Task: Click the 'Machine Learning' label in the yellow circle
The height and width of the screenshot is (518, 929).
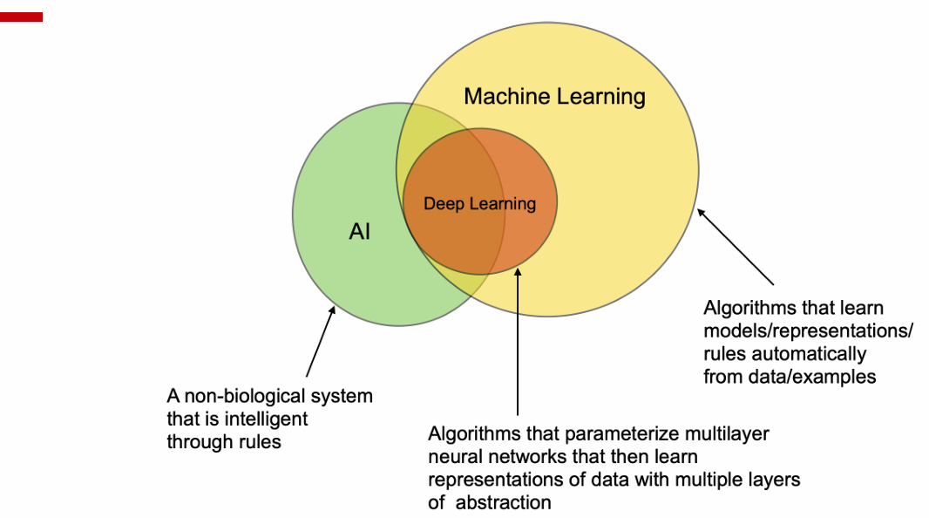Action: click(x=554, y=97)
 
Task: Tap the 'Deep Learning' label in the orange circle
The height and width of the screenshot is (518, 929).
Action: click(x=480, y=204)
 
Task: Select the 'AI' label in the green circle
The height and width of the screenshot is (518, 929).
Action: click(x=360, y=231)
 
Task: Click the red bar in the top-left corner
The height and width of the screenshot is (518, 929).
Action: click(x=21, y=17)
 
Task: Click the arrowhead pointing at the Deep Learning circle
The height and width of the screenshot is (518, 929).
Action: click(x=518, y=272)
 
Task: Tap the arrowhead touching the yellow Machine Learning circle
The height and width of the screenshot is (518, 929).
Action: click(x=701, y=213)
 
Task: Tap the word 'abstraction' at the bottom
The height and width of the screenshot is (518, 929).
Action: click(x=503, y=502)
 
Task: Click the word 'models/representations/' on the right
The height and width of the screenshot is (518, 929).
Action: click(x=808, y=331)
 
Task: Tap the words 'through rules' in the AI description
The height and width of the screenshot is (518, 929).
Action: click(x=224, y=442)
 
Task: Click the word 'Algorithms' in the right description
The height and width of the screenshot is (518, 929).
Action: click(x=747, y=309)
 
